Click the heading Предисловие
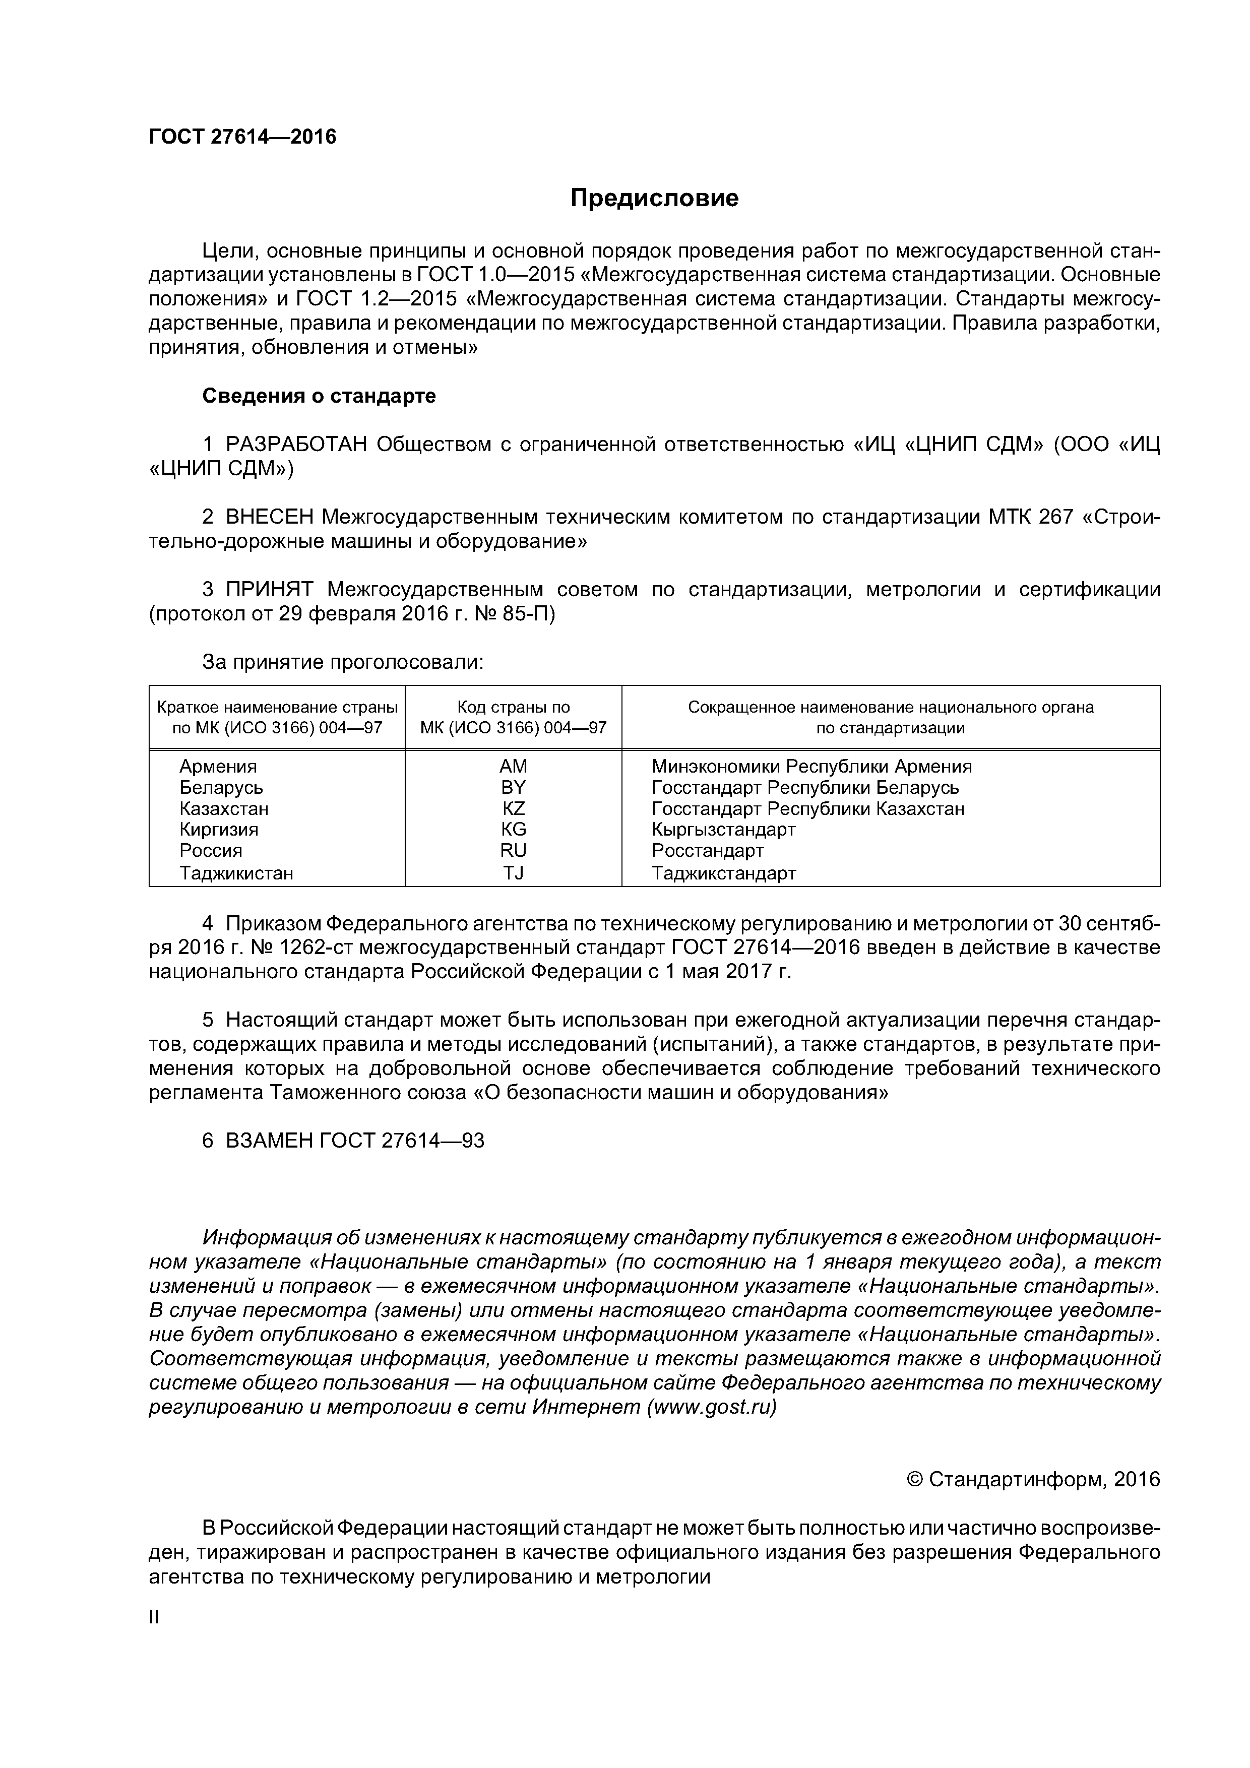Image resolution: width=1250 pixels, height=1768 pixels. [654, 199]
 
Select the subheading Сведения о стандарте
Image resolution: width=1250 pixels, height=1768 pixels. [319, 396]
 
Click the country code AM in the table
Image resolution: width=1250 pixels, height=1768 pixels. [513, 766]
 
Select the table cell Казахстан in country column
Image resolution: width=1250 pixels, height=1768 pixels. [224, 808]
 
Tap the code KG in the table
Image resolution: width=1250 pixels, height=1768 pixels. [513, 830]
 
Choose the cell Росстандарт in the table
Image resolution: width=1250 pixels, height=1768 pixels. [707, 851]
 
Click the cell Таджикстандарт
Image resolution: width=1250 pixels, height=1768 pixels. [723, 873]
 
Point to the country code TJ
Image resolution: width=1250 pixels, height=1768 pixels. [513, 873]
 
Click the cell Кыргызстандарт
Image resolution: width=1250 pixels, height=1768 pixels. [723, 830]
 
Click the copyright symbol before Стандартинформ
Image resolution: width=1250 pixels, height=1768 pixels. [915, 1479]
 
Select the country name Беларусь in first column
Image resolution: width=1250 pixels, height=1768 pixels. [221, 788]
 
